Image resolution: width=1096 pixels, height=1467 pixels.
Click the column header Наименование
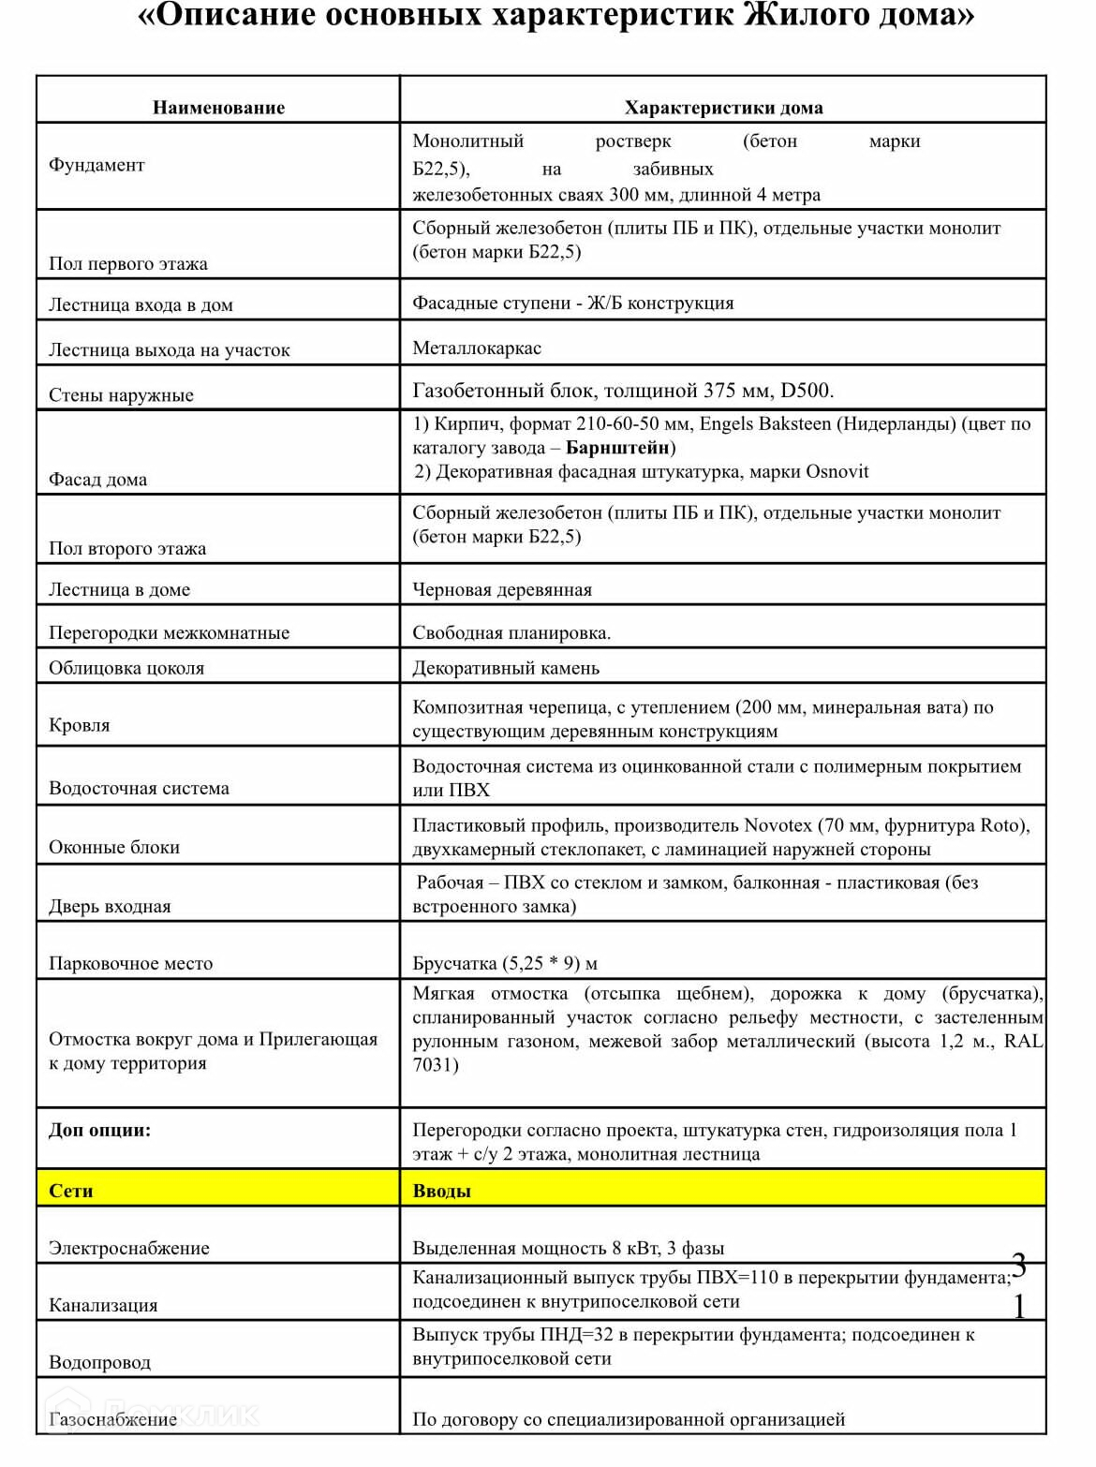[x=218, y=108]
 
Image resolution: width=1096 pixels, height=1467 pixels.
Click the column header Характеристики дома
[x=723, y=108]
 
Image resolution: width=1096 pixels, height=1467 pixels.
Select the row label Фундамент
[x=96, y=165]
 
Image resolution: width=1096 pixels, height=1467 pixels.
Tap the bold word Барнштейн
[x=618, y=448]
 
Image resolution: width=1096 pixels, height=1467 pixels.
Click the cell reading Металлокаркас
[x=477, y=348]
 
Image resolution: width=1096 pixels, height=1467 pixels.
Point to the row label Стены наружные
[x=121, y=395]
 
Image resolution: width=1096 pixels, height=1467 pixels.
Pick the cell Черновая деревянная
[x=502, y=590]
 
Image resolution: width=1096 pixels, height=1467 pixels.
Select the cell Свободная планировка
[x=511, y=633]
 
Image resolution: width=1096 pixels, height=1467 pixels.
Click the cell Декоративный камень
[x=506, y=669]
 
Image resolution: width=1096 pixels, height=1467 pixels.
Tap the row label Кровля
[x=80, y=725]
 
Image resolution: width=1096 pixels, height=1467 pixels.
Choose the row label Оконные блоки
[x=114, y=847]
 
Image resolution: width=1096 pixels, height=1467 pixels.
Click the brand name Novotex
[x=778, y=825]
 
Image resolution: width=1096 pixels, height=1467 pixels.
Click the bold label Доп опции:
[x=99, y=1130]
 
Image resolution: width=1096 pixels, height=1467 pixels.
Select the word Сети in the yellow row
[x=71, y=1191]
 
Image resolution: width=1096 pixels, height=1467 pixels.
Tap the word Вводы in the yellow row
[x=441, y=1191]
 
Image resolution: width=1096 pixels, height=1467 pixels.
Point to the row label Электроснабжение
[x=129, y=1248]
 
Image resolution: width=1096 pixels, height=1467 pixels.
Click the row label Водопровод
[x=99, y=1362]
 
